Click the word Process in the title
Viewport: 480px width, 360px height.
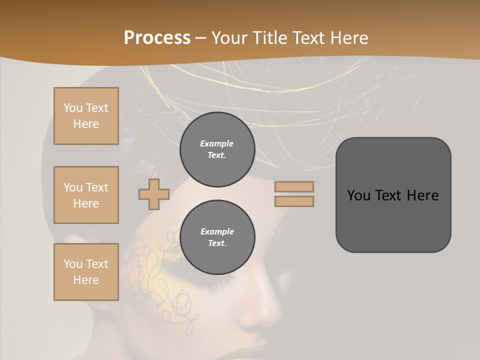[157, 37]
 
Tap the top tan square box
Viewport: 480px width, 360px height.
[86, 116]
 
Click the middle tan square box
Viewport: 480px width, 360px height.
[86, 195]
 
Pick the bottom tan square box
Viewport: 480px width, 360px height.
[86, 272]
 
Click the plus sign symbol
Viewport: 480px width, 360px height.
[154, 194]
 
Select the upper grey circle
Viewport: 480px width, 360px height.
[217, 149]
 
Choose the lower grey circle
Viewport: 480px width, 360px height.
[217, 237]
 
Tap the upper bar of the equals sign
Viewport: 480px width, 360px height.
[294, 186]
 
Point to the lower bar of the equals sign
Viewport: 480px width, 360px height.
[294, 201]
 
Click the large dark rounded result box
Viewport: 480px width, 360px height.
[393, 195]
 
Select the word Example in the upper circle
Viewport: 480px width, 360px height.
[217, 143]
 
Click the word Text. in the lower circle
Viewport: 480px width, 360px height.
[217, 243]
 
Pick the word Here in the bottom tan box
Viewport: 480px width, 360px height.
[86, 280]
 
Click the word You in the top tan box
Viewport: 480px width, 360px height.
[72, 108]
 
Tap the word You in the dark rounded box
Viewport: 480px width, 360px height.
[358, 195]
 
